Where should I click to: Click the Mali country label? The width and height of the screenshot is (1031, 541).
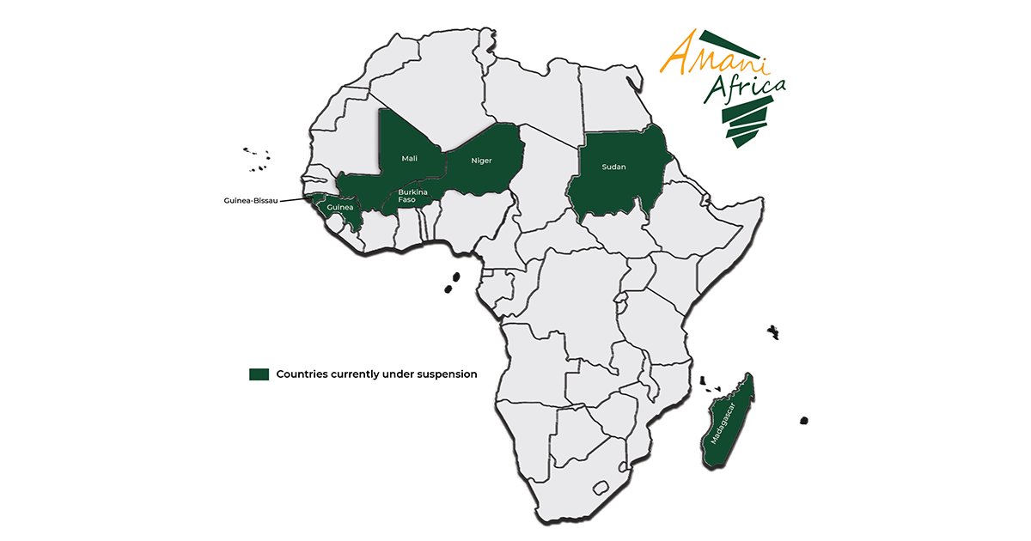pos(409,159)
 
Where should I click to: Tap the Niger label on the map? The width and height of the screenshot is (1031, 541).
pos(480,161)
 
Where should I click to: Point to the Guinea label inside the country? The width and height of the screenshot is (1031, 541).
pos(339,207)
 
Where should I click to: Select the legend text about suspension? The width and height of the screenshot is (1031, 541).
pos(376,374)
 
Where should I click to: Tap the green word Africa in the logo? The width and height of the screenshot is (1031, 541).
pos(745,88)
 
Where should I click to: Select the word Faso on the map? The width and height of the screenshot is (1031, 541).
pos(406,200)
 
